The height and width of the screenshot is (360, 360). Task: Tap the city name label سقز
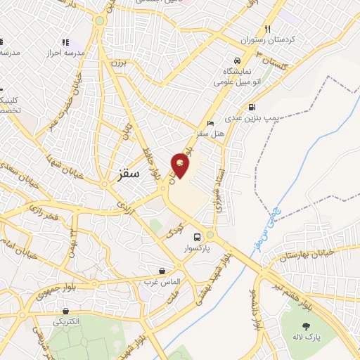(x=129, y=172)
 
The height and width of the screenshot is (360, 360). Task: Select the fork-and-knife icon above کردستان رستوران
(x=267, y=30)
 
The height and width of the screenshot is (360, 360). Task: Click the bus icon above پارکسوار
(x=197, y=236)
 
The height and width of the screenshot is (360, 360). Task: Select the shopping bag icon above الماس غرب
(x=162, y=271)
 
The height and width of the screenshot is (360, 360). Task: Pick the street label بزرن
(x=115, y=64)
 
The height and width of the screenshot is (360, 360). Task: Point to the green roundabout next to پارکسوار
(x=210, y=235)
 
